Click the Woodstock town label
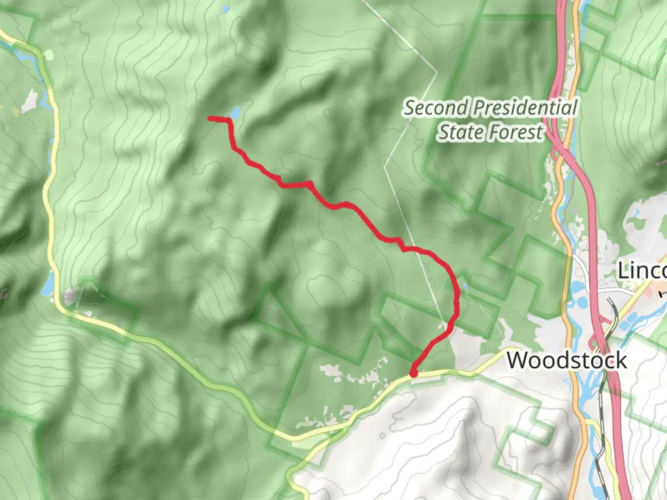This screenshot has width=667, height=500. [x=567, y=360]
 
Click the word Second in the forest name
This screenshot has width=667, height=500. [x=436, y=108]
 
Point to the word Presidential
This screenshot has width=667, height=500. [x=526, y=108]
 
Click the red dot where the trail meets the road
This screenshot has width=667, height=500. [x=414, y=373]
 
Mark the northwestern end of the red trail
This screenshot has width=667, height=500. [x=210, y=119]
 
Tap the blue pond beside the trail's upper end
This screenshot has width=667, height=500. [x=236, y=112]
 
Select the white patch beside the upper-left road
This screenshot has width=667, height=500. [x=31, y=101]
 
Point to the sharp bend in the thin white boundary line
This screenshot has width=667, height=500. [x=436, y=72]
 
